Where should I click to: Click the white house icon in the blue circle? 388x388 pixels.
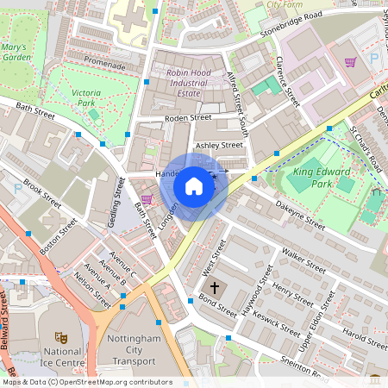coord(194,186)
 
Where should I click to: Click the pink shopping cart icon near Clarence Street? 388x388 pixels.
coord(350,62)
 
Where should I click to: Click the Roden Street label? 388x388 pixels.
coord(189,117)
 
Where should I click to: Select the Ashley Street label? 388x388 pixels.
coord(219,146)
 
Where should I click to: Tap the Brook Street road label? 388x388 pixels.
coord(44,195)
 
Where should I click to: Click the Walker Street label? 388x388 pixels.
coord(303,261)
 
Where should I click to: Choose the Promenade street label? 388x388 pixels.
coord(104,66)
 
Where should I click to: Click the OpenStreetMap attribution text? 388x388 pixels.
coord(86,382)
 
